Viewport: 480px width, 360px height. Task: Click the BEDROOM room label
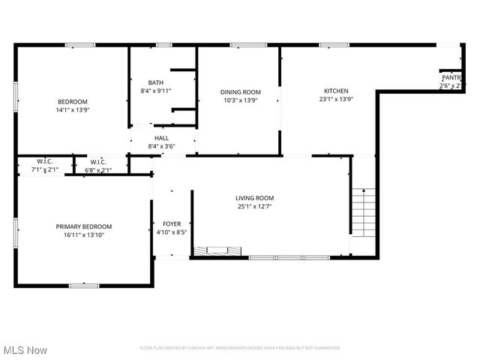click(73, 102)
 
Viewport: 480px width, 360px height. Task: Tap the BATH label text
click(155, 82)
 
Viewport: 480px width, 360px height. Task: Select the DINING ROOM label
click(240, 92)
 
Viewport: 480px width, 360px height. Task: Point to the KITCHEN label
click(335, 91)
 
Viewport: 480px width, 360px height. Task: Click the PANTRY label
click(451, 77)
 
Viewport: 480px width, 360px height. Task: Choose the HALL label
click(161, 138)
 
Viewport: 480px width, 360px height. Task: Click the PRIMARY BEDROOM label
click(83, 226)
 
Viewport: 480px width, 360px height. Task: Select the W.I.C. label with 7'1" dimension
click(44, 162)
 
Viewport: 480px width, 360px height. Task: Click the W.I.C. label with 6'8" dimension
click(97, 162)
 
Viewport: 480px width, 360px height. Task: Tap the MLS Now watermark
click(25, 350)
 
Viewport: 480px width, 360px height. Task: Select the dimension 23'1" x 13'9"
click(335, 99)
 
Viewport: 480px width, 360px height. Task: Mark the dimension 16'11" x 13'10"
click(83, 235)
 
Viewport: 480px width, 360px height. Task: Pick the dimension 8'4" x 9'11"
click(155, 91)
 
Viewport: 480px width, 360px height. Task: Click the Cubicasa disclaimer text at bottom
click(239, 348)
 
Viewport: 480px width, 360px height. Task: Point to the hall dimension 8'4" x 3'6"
click(161, 146)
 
